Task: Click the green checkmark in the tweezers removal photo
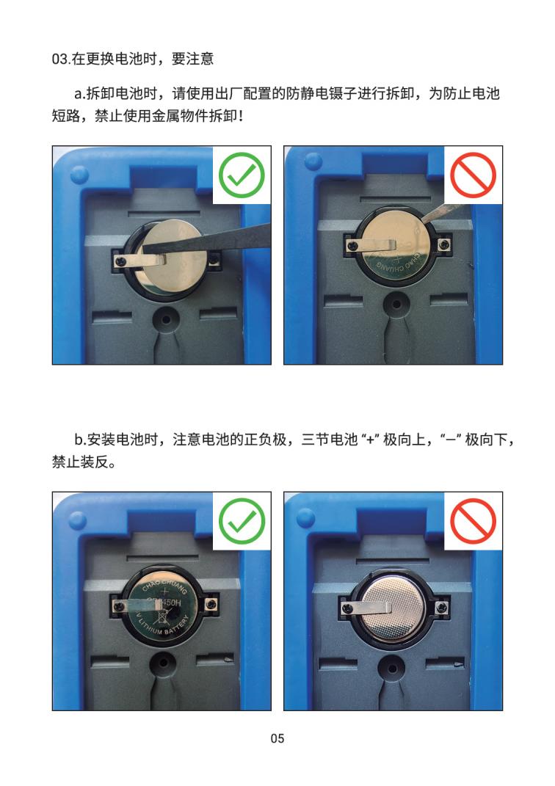(x=242, y=174)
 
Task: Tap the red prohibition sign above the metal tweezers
(x=473, y=174)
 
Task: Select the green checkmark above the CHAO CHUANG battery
(x=242, y=520)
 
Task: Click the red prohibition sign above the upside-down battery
(x=473, y=520)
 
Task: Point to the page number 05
(x=277, y=738)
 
